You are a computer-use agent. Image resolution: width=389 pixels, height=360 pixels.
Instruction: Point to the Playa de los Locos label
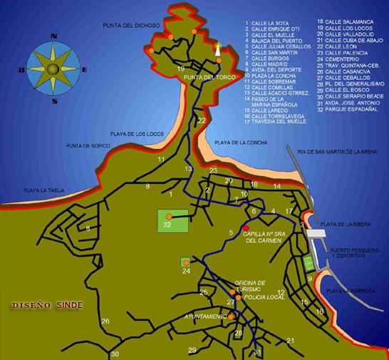tap(135, 133)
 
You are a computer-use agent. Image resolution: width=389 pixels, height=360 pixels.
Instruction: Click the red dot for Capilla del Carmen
tap(246, 228)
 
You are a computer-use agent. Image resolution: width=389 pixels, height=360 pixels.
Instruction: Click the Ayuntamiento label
tap(205, 315)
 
